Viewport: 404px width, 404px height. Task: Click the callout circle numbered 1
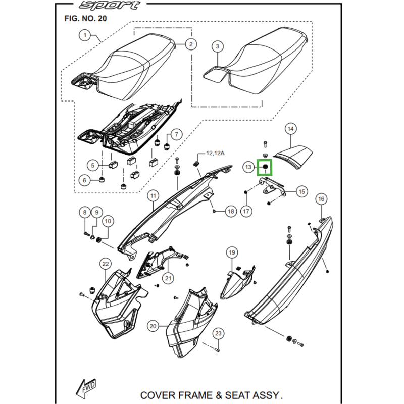85,35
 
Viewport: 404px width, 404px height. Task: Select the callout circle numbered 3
218,47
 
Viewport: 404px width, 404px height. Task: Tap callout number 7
176,134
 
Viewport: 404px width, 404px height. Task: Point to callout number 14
290,129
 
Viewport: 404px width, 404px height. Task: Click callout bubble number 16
321,199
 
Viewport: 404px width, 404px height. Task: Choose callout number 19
232,252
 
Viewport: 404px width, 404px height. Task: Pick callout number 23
218,333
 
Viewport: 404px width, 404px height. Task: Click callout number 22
105,264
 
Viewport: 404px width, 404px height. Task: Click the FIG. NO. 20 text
85,18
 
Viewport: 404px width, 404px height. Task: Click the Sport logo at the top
109,6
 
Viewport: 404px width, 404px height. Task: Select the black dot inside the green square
265,166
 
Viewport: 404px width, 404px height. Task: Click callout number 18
230,211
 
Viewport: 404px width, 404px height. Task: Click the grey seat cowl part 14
295,153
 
